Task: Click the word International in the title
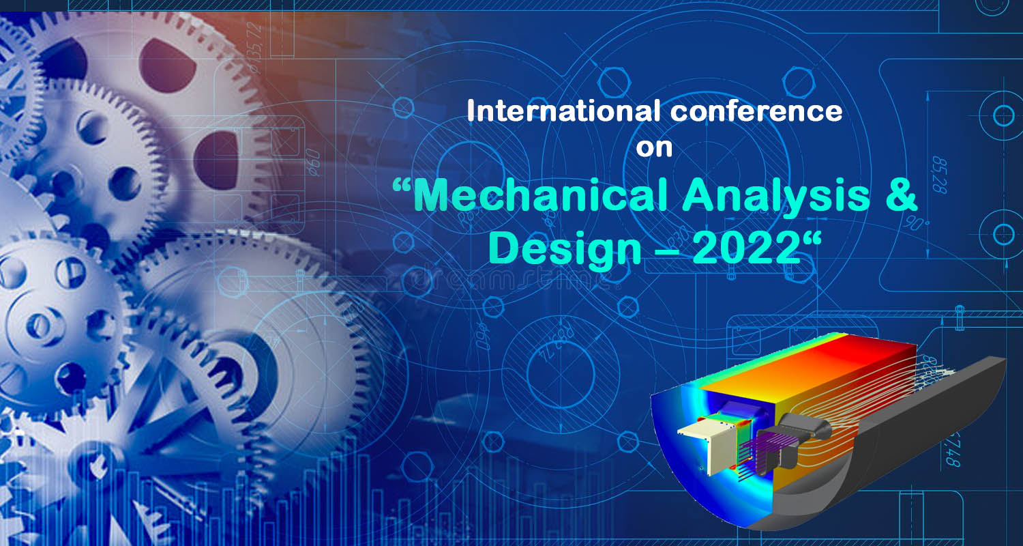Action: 563,111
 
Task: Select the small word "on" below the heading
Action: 654,148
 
